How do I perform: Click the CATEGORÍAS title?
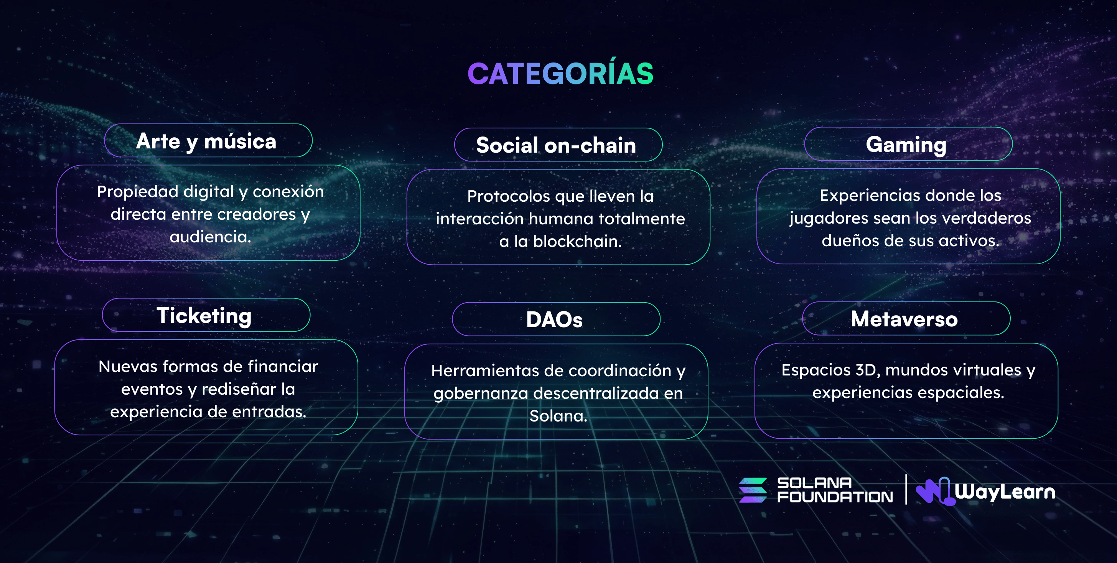[x=560, y=73]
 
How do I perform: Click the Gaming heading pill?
[x=908, y=144]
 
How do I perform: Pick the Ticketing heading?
[x=204, y=316]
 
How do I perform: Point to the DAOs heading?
[x=554, y=320]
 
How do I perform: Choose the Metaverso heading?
[x=904, y=319]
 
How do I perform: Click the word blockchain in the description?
[x=577, y=241]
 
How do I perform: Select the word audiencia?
[x=210, y=237]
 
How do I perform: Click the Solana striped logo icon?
[x=753, y=490]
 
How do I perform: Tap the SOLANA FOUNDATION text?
[x=835, y=490]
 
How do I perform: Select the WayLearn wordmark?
[x=1005, y=492]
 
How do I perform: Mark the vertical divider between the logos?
[x=906, y=489]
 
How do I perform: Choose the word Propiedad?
[x=137, y=192]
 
